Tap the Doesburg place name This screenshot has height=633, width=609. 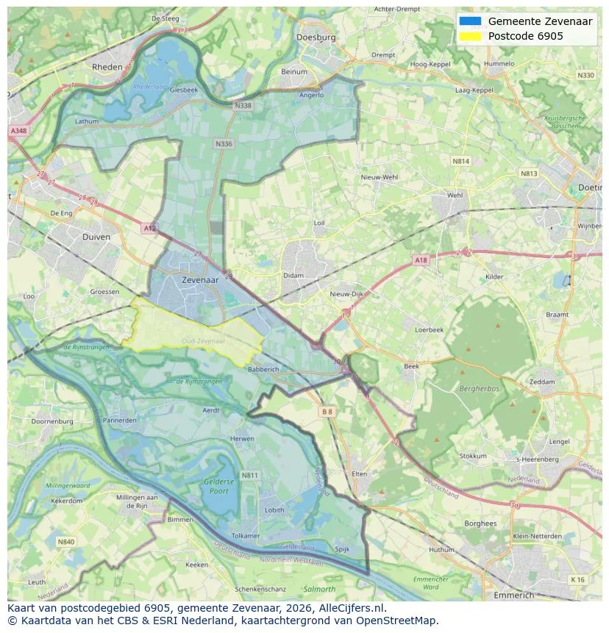316,37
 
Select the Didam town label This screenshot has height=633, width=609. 293,276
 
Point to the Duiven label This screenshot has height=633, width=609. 96,237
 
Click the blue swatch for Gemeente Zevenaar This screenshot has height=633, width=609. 470,21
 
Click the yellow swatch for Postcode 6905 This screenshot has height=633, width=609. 470,36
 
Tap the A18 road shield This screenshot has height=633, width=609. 420,260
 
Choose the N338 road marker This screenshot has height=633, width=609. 242,106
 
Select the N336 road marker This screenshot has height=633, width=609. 224,144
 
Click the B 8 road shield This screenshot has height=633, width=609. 327,412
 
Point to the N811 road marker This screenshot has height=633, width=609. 250,476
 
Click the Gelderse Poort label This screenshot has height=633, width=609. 219,486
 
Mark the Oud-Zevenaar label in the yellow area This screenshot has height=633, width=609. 204,341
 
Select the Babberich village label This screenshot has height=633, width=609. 263,369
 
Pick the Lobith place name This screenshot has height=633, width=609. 274,509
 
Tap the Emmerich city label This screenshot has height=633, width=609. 514,595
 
